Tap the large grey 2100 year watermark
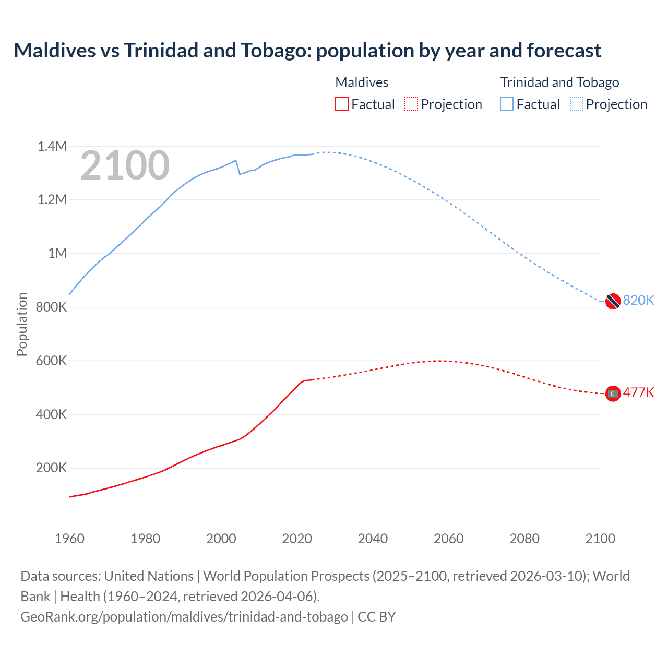[125, 165]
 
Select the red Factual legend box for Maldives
[341, 104]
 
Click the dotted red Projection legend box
[411, 104]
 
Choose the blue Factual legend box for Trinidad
[507, 104]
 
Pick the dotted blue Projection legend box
[576, 104]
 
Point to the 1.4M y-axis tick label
[52, 146]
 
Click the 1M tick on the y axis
[57, 254]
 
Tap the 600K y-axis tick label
[51, 361]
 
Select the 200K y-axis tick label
[51, 468]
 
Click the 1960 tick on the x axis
[69, 539]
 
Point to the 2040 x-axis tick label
[373, 539]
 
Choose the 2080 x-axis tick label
[524, 539]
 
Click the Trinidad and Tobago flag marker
[613, 301]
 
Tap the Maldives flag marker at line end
[613, 393]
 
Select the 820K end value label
[638, 300]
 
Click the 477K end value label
[638, 392]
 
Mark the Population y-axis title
[22, 324]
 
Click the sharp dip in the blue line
[240, 173]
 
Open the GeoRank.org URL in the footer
[184, 617]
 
